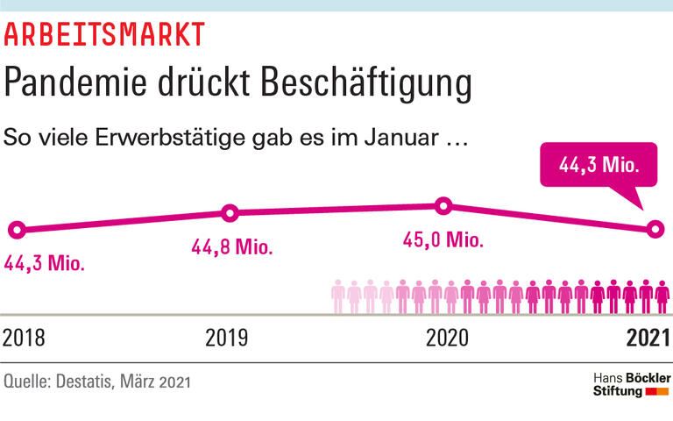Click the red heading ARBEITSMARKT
(x=104, y=34)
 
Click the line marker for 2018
(x=15, y=230)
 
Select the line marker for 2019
(x=230, y=212)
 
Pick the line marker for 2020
(x=443, y=206)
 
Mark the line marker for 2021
(x=655, y=230)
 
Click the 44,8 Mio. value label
(x=231, y=246)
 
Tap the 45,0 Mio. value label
(x=443, y=241)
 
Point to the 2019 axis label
(x=227, y=338)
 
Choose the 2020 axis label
(x=448, y=338)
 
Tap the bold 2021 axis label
(x=647, y=338)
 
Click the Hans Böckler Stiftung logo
(x=631, y=383)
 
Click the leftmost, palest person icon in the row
(x=338, y=296)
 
